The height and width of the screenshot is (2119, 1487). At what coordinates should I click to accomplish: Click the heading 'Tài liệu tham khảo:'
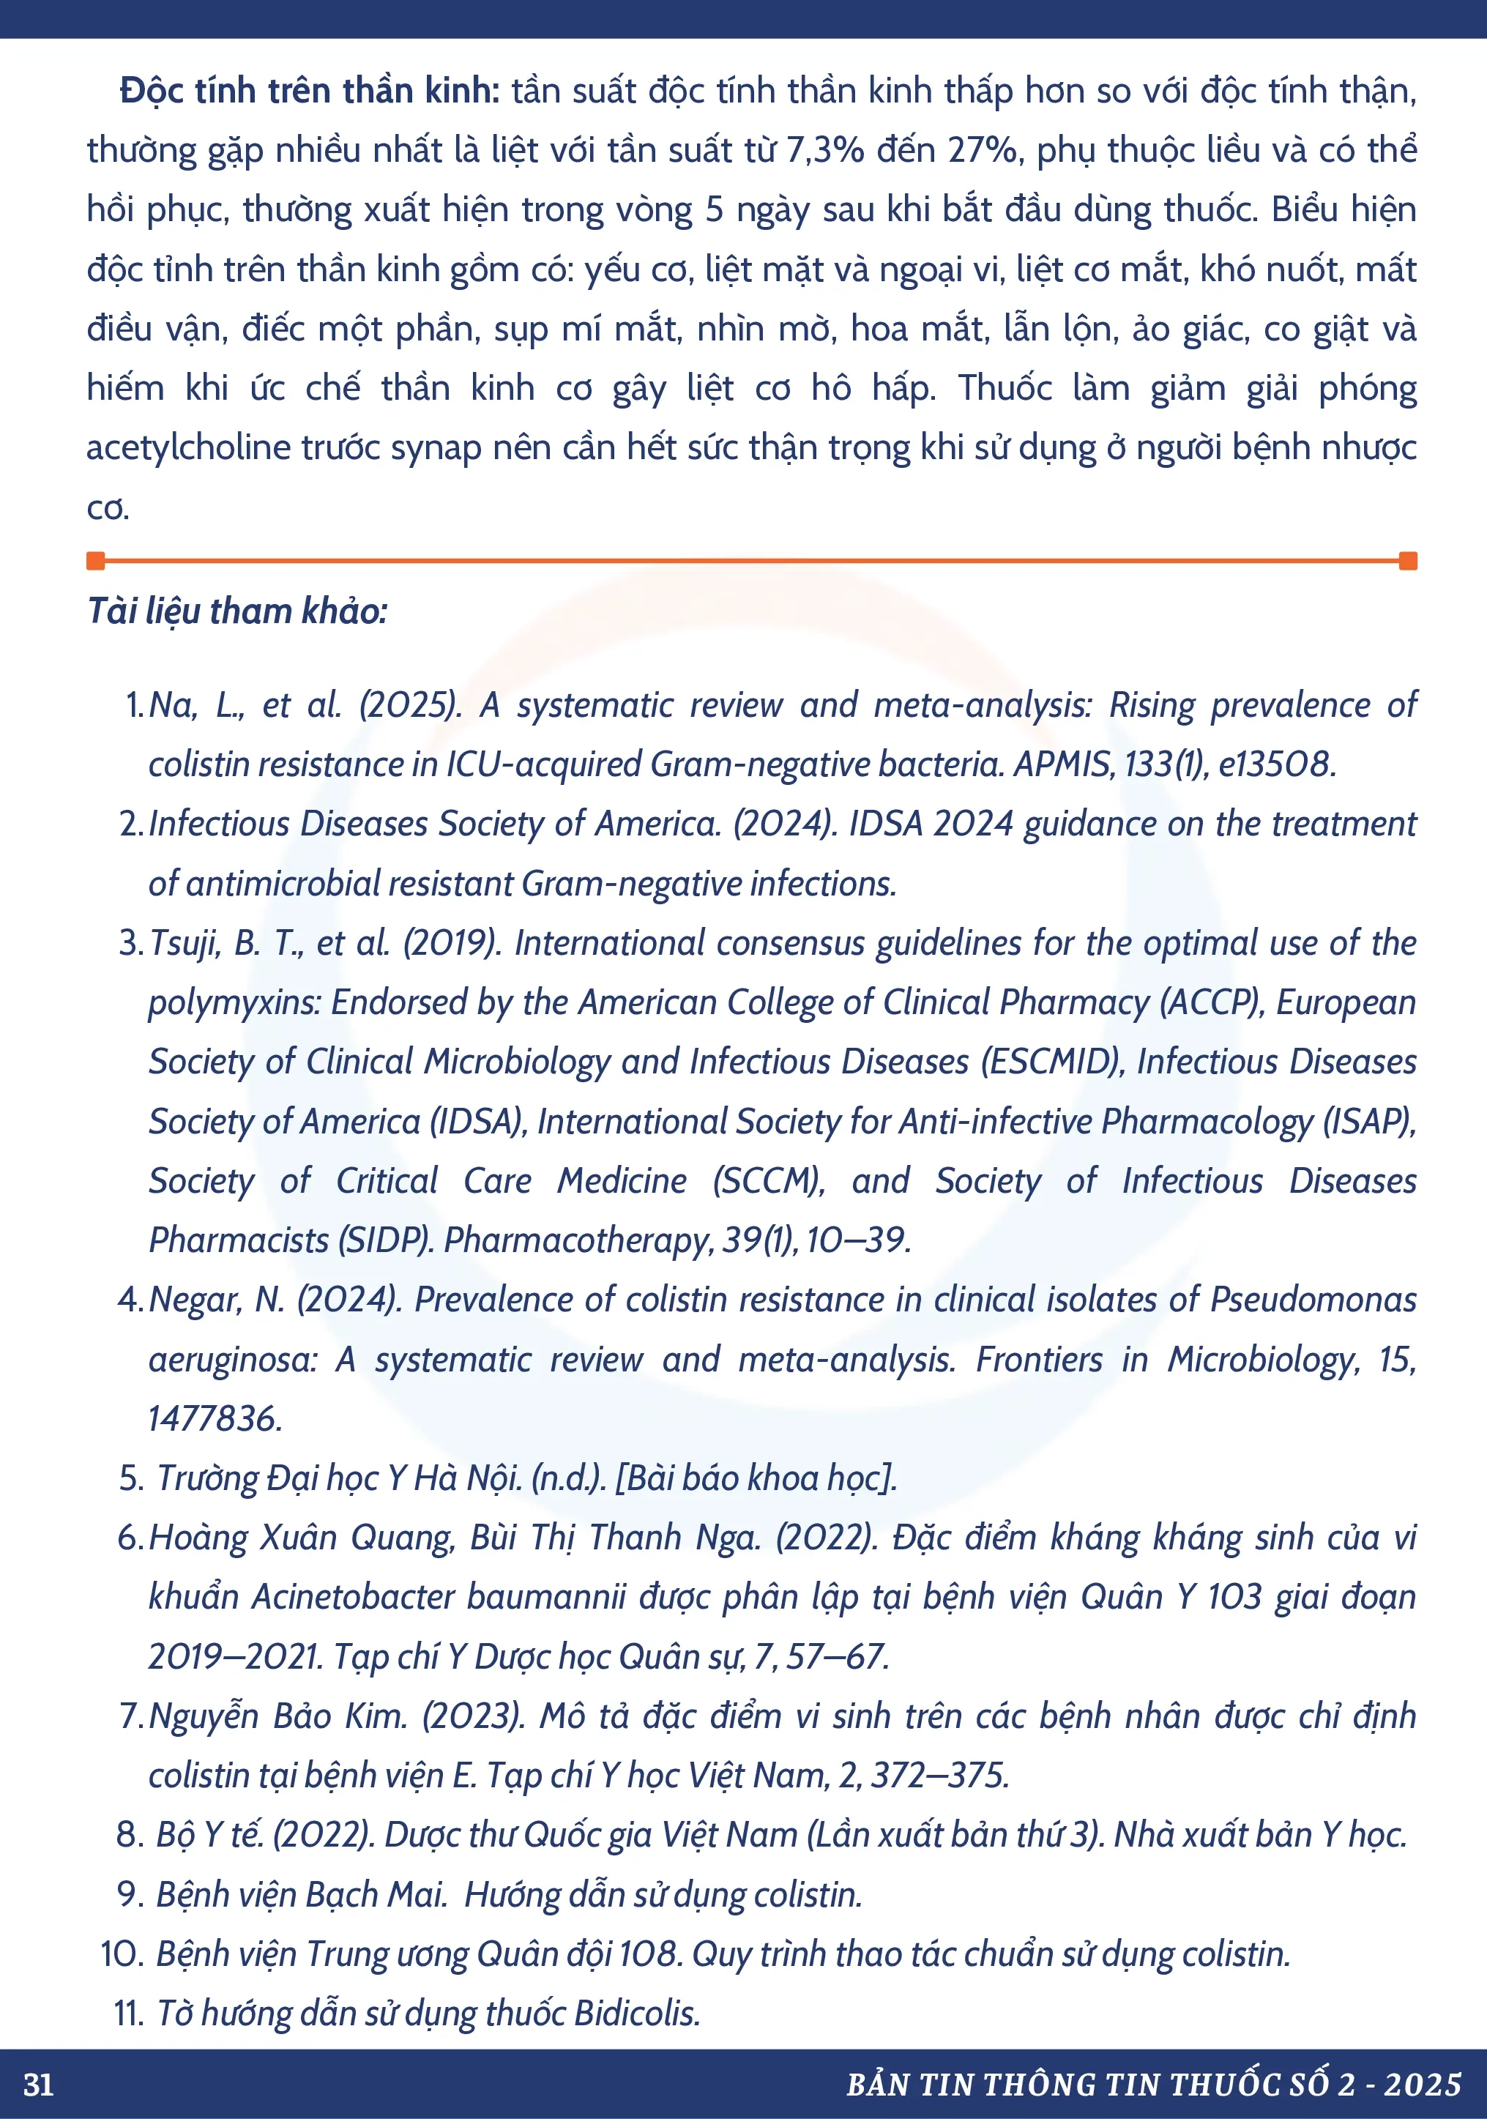coord(237,611)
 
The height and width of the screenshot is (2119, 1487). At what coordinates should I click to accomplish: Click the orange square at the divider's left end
coord(95,560)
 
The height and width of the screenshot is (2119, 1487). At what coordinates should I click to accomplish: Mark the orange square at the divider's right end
coord(1408,560)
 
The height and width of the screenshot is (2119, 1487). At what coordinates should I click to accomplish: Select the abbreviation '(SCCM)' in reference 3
coord(769,1181)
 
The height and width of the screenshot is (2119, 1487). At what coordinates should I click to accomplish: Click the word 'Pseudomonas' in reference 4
coord(1313,1300)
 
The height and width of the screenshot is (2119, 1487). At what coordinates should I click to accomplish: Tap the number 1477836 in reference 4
coord(214,1418)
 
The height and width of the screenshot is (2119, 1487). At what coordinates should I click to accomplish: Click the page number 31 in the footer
coord(39,2084)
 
